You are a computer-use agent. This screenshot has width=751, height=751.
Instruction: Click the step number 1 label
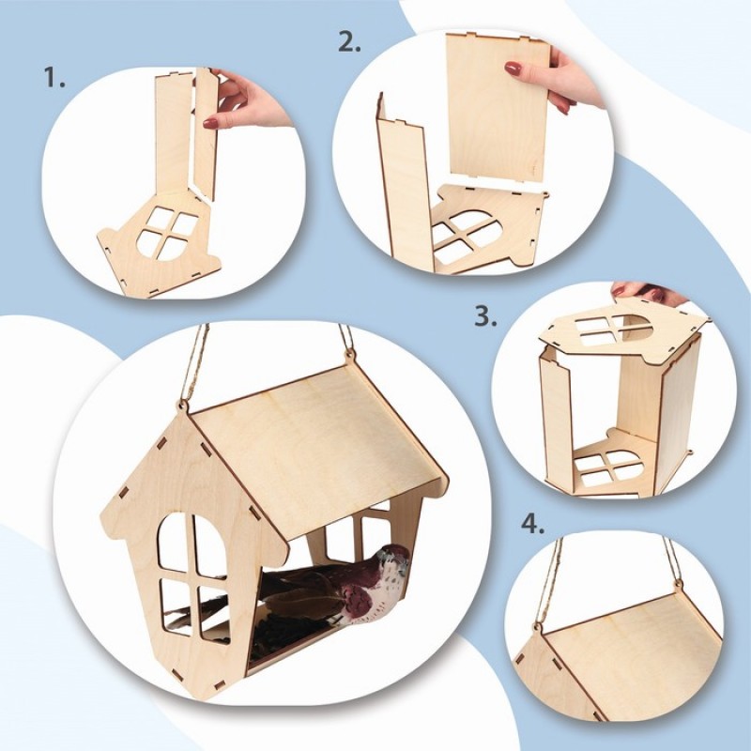click(x=54, y=77)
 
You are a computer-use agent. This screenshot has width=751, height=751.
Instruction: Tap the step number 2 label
click(x=349, y=41)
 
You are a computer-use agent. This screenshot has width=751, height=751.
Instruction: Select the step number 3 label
click(x=485, y=316)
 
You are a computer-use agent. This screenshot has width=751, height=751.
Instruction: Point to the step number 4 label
click(x=532, y=525)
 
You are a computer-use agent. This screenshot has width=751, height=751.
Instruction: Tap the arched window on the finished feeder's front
click(x=193, y=577)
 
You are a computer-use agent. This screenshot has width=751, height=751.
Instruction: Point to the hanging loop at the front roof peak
click(x=183, y=405)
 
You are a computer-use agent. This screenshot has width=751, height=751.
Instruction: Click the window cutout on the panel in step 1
click(x=168, y=233)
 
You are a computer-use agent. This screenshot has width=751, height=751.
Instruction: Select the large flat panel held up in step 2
click(x=499, y=110)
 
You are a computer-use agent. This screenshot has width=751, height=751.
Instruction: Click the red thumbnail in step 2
click(x=513, y=69)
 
